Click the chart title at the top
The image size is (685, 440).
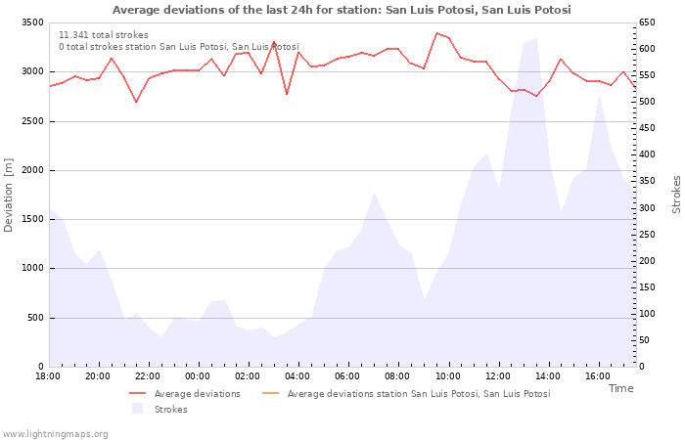tap(342, 10)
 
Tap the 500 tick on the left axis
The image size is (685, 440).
tap(34, 318)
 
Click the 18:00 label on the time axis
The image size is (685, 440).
tap(48, 376)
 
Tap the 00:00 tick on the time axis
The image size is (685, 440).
tap(198, 376)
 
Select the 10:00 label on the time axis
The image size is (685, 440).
tap(448, 376)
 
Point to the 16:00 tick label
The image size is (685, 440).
tap(598, 376)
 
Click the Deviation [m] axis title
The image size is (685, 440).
tap(9, 195)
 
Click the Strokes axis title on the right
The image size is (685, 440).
tap(676, 195)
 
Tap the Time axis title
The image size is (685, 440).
tap(620, 388)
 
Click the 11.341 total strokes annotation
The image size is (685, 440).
tap(104, 35)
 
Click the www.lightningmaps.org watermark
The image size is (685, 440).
tap(56, 434)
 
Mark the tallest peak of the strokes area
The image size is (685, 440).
tap(536, 38)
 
